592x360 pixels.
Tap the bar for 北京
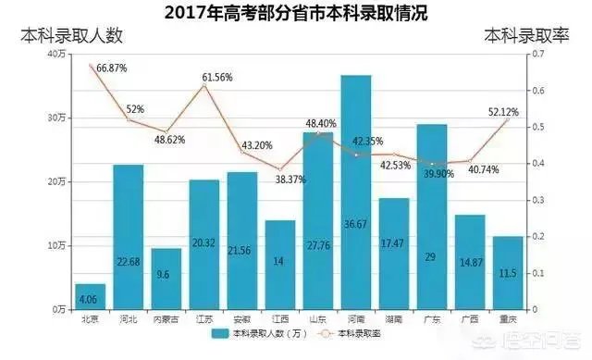coord(91,297)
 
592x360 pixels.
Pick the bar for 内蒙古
coord(166,279)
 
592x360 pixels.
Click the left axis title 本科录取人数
coord(73,36)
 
